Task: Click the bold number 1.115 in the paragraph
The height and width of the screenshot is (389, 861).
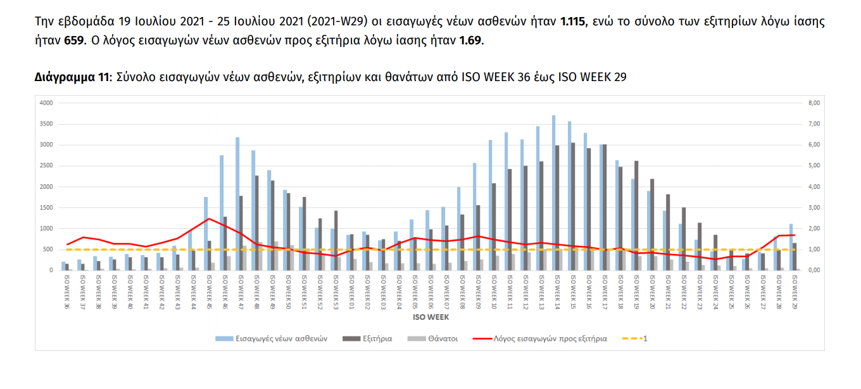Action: (x=574, y=22)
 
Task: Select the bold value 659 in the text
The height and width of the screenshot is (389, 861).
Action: (x=73, y=41)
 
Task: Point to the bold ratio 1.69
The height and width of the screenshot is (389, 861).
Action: (x=470, y=41)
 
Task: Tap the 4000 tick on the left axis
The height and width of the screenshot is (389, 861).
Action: (x=47, y=103)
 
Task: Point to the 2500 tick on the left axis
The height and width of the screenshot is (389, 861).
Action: (x=47, y=165)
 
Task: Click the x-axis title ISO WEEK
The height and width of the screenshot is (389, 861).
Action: (x=430, y=316)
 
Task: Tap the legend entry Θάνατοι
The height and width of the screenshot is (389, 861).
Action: (x=443, y=338)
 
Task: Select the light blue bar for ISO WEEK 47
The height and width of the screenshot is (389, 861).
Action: (x=237, y=203)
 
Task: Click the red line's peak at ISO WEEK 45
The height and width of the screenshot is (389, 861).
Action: (x=209, y=219)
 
